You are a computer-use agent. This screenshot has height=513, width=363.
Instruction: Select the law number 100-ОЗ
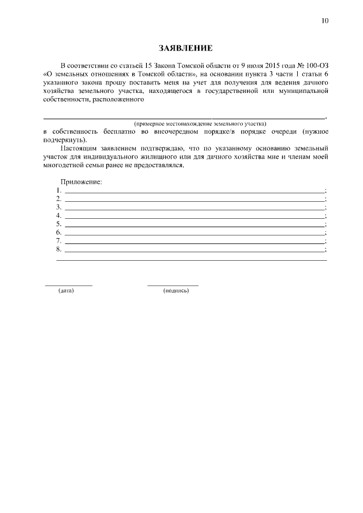pyautogui.click(x=316, y=65)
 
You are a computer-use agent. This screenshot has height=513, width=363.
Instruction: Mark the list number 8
pyautogui.click(x=58, y=249)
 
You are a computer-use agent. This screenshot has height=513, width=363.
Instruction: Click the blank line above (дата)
pyautogui.click(x=68, y=285)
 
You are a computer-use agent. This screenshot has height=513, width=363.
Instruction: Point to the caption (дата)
pyautogui.click(x=66, y=291)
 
